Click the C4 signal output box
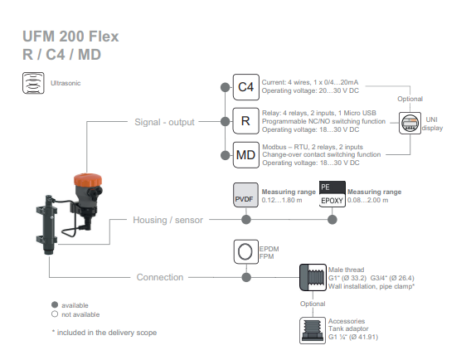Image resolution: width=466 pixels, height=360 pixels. coord(245,87)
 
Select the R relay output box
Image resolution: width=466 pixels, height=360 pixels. coord(245,121)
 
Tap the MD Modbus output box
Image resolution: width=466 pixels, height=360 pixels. coord(245,155)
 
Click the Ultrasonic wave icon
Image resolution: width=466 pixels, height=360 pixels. coord(33,83)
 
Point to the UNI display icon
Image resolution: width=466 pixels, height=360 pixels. coord(410,123)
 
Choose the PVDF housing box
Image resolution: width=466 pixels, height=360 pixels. coord(245,195)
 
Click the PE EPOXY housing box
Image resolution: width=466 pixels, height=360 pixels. coord(333,194)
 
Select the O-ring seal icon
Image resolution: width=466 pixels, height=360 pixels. coord(245,252)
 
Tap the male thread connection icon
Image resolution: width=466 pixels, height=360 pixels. coord(313,277)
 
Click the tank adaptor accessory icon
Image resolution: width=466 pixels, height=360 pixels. coord(313,330)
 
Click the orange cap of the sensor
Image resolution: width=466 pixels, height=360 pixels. coord(88,180)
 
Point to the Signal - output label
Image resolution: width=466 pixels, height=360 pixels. coord(164,122)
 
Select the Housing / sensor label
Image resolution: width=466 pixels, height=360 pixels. coord(168,220)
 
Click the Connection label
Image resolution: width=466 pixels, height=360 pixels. coord(160,277)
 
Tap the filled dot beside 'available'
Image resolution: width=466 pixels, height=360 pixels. coord(55,304)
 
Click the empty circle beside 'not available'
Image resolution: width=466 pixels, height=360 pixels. coord(55,314)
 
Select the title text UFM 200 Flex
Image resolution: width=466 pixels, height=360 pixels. coord(70,36)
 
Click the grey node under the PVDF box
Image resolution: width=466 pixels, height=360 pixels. coord(246,220)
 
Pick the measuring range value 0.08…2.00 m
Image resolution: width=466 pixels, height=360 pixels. coord(367,200)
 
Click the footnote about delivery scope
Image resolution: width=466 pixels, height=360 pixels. coord(104,333)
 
